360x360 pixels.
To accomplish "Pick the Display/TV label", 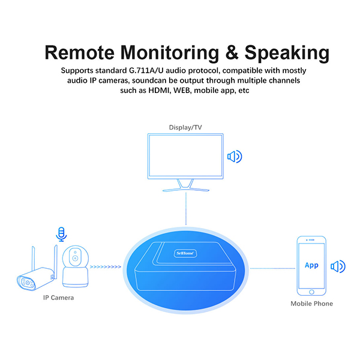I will pos(185,127).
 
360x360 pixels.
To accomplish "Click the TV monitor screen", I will pos(185,158).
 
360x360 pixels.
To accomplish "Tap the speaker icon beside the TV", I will pos(234,157).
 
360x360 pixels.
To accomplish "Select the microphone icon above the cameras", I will pos(60,233).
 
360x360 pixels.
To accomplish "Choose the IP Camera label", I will pos(58,298).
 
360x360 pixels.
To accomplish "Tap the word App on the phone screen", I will pos(311,265).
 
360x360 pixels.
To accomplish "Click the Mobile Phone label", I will pos(311,304).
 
